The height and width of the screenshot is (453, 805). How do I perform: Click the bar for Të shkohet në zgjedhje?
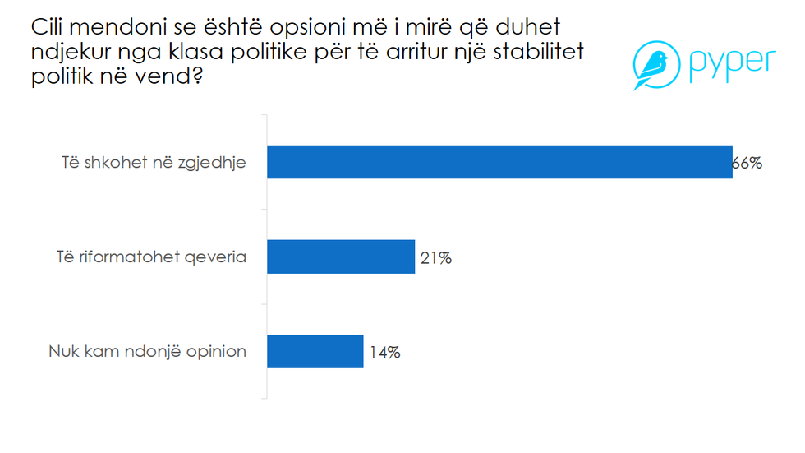pyautogui.click(x=499, y=162)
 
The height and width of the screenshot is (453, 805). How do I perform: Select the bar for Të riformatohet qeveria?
pyautogui.click(x=341, y=257)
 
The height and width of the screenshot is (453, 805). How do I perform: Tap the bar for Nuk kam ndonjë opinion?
pyautogui.click(x=315, y=352)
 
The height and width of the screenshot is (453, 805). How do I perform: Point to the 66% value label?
pyautogui.click(x=747, y=163)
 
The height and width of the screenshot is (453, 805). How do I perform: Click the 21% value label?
pyautogui.click(x=435, y=258)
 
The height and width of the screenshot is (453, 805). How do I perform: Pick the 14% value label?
pyautogui.click(x=384, y=353)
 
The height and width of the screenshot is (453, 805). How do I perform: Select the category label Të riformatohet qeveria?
pyautogui.click(x=145, y=257)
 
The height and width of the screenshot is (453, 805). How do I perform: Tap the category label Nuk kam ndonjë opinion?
pyautogui.click(x=147, y=352)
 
